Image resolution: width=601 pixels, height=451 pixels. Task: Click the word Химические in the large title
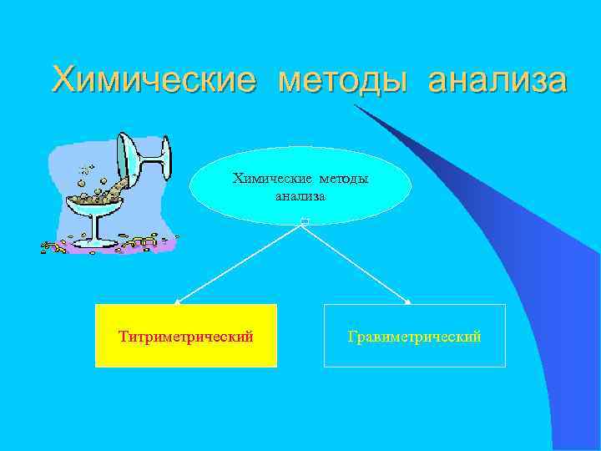(x=153, y=81)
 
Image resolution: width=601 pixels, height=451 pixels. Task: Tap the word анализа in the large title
(x=497, y=81)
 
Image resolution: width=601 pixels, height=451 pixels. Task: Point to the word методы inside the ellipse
(x=342, y=179)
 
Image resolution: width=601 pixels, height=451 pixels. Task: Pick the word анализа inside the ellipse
(x=300, y=195)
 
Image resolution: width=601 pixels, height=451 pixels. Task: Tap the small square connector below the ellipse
(x=305, y=221)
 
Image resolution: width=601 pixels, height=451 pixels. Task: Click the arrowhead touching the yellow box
(x=178, y=302)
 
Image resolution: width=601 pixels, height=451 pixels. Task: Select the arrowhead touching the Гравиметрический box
(x=408, y=302)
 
